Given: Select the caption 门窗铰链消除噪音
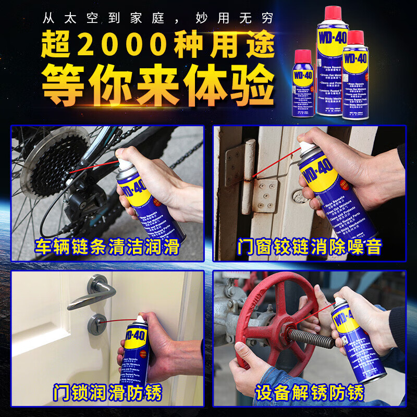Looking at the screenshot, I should coord(309,246).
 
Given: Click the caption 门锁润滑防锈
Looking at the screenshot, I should coord(107,392).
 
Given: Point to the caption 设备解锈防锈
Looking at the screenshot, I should coord(309,392).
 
